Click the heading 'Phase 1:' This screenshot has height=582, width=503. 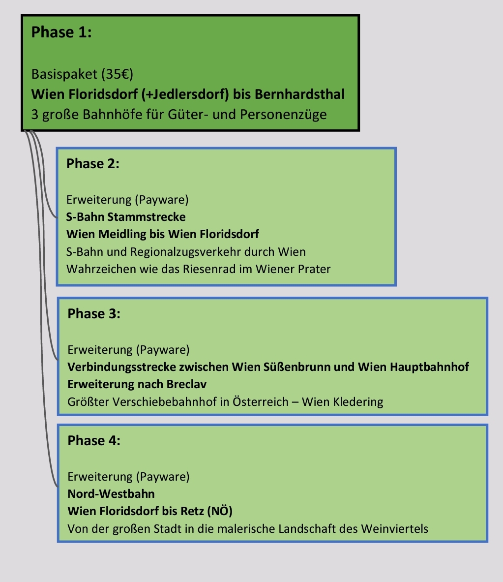(61, 33)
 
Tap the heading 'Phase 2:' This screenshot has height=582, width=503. (93, 164)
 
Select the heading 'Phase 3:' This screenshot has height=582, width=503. (94, 314)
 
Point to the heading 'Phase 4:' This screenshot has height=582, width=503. (94, 441)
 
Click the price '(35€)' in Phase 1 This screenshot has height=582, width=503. (117, 74)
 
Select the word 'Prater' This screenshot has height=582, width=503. (313, 269)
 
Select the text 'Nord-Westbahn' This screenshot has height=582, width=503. (111, 494)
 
